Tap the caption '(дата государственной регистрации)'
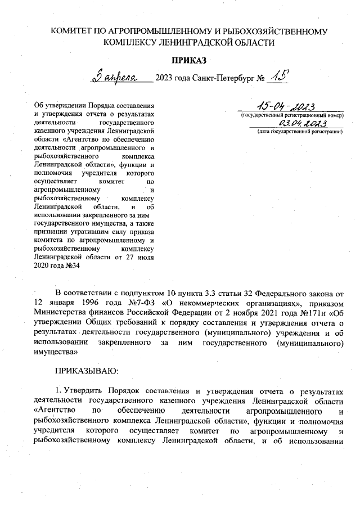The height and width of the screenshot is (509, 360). tap(299, 132)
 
